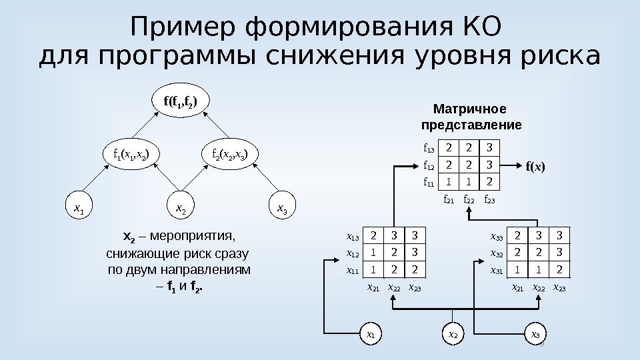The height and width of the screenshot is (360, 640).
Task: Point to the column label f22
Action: [x=469, y=199]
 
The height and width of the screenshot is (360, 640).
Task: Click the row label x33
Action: [x=497, y=236]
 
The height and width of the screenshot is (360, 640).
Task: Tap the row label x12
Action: [x=352, y=254]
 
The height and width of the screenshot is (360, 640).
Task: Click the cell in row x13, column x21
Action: [x=374, y=235]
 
